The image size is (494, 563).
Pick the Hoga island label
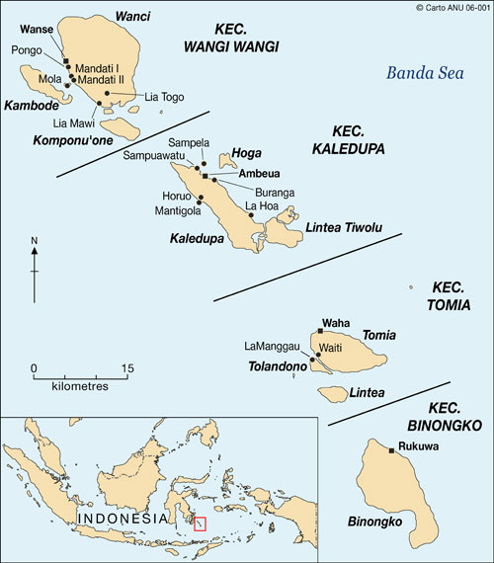pyautogui.click(x=245, y=153)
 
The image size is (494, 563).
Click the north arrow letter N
pyautogui.click(x=34, y=240)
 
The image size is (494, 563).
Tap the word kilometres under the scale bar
pyautogui.click(x=79, y=386)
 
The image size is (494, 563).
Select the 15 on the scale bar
pyautogui.click(x=127, y=368)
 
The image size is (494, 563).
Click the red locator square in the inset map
pyautogui.click(x=200, y=523)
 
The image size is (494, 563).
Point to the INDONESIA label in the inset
pyautogui.click(x=123, y=519)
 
